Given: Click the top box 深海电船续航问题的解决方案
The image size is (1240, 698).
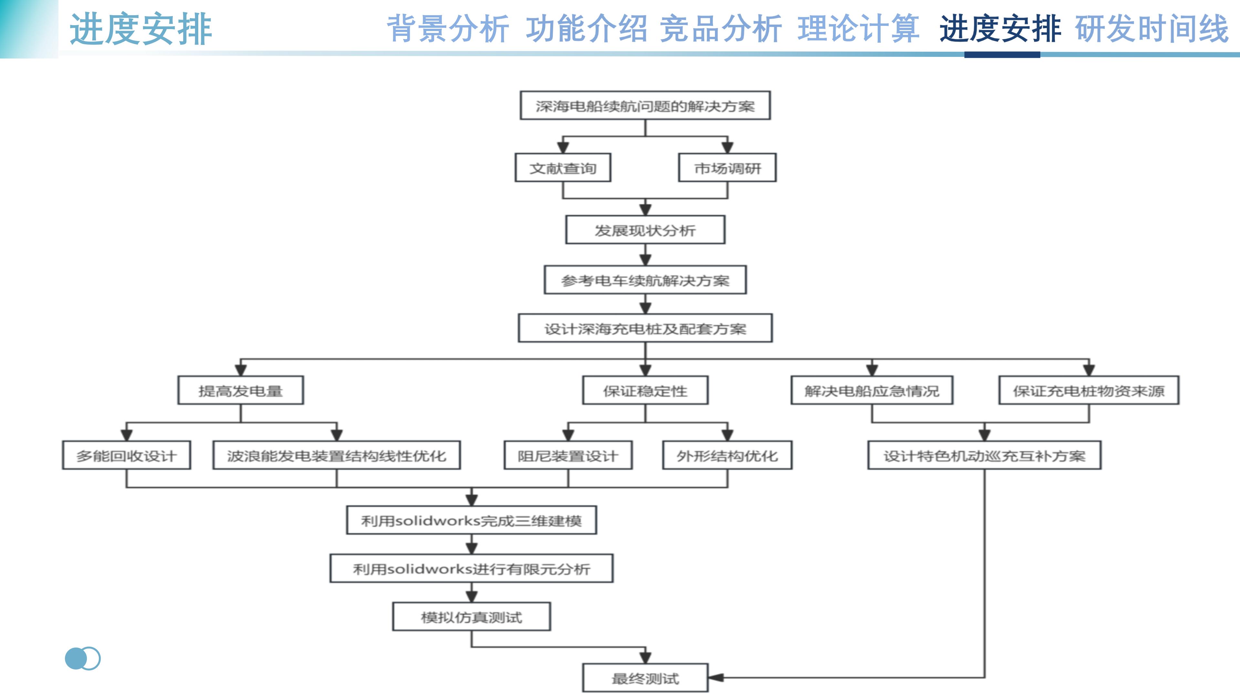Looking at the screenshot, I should point(645,105).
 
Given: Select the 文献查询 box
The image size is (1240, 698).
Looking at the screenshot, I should point(563,168).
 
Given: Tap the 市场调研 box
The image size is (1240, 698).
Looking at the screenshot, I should point(727,168).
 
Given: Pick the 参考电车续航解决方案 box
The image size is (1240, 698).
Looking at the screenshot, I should point(645,280).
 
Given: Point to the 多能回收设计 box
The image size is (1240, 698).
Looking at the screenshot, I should point(126,455).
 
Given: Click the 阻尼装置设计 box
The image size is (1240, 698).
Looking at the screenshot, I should point(568,455).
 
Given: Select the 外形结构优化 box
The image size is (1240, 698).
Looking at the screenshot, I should point(727,455).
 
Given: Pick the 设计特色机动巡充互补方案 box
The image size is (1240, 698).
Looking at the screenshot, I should point(984,455).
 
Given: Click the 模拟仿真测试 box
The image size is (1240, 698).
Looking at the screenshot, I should point(471,617).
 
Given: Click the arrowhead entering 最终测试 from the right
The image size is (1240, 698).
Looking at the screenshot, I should point(716,678).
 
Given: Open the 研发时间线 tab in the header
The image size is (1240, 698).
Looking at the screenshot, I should point(1152,29).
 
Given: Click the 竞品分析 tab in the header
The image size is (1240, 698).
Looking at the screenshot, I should point(720,29).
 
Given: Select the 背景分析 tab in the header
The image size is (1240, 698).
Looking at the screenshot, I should point(448,29).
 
